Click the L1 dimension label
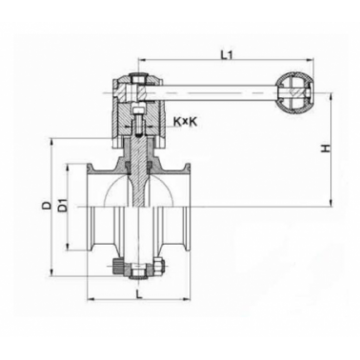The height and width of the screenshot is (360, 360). [x=227, y=55]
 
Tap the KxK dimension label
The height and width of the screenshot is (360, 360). [x=185, y=122]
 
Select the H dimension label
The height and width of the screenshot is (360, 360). [x=326, y=149]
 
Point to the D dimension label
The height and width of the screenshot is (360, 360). [x=47, y=205]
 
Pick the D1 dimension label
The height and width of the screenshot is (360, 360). [x=64, y=205]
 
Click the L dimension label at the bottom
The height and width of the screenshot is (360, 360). [x=139, y=293]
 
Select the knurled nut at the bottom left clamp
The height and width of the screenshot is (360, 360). [x=118, y=265]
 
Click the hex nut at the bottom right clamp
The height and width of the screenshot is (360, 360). [x=158, y=266]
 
